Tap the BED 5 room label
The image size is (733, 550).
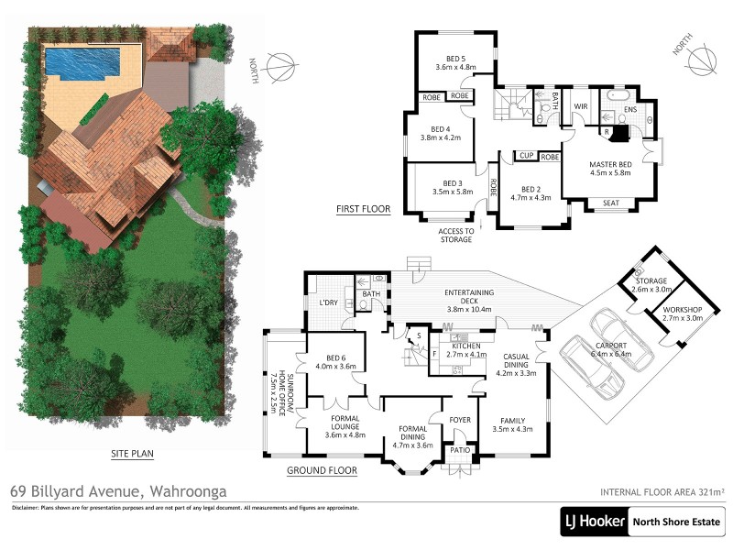click(x=455, y=59)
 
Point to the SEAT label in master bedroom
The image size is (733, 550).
click(x=611, y=203)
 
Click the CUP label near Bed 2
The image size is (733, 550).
click(x=525, y=157)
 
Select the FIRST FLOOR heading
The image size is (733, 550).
click(x=363, y=209)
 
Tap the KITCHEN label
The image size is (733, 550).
click(x=462, y=346)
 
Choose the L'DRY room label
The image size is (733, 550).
click(x=329, y=302)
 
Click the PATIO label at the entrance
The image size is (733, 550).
click(x=457, y=451)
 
